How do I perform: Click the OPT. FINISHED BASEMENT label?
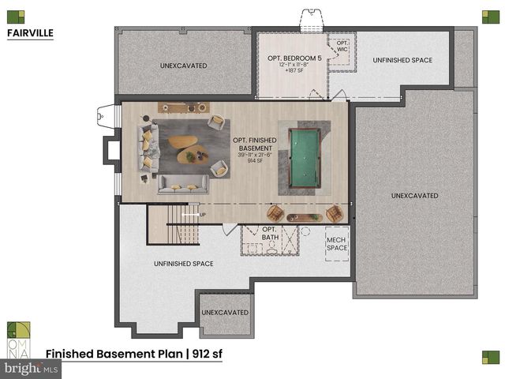(x=255, y=144)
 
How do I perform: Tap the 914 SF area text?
(x=255, y=161)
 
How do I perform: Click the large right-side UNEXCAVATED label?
(x=414, y=195)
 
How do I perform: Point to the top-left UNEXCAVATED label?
(x=183, y=66)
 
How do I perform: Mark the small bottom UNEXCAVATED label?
(x=225, y=313)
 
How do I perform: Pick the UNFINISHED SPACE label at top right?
(x=402, y=60)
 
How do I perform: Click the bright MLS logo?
(x=31, y=368)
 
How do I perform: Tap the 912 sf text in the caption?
(x=205, y=355)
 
